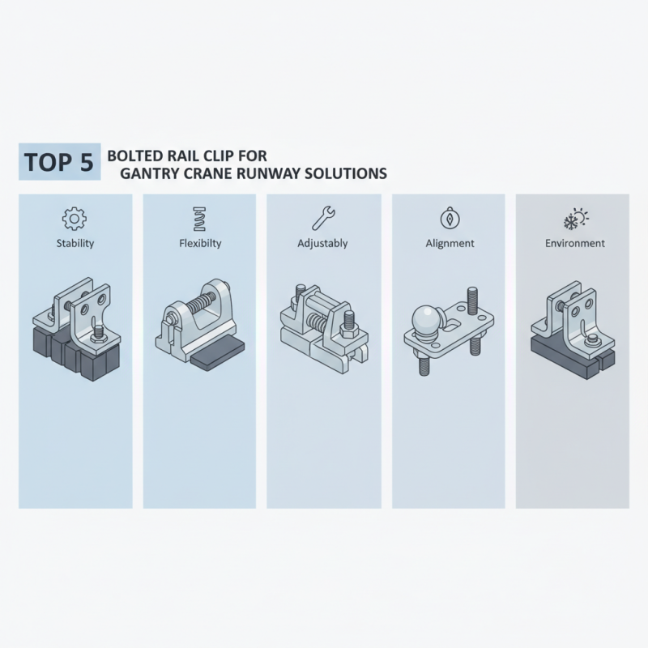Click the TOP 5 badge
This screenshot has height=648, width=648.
click(x=59, y=161)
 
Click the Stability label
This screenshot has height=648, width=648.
click(x=74, y=243)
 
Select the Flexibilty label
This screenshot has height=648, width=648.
click(x=198, y=243)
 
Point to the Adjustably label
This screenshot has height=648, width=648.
click(x=323, y=243)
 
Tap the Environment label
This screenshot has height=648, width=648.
click(x=574, y=243)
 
